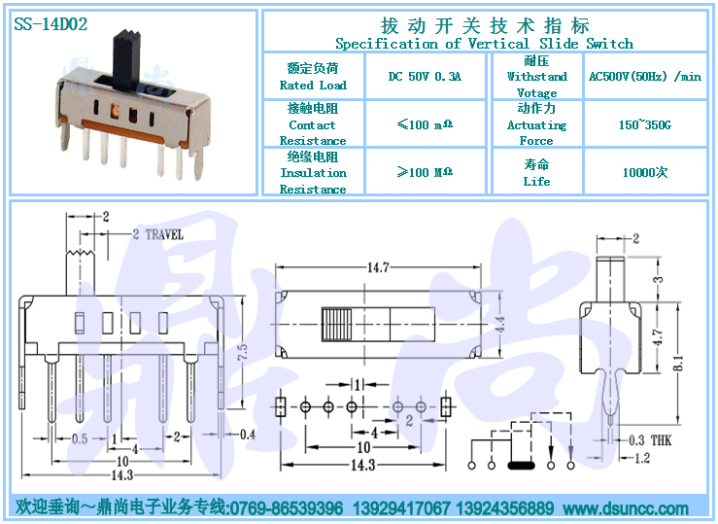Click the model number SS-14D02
pyautogui.click(x=51, y=23)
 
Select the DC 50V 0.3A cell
pyautogui.click(x=425, y=76)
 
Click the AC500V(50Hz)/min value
pyautogui.click(x=645, y=76)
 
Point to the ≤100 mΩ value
pyautogui.click(x=425, y=124)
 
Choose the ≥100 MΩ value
pyautogui.click(x=425, y=172)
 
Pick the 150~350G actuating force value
pyautogui.click(x=645, y=124)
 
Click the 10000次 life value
pyautogui.click(x=645, y=172)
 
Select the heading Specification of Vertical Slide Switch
pyautogui.click(x=484, y=44)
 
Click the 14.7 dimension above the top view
pyautogui.click(x=378, y=267)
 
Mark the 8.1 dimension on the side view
pyautogui.click(x=678, y=363)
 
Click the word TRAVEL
pyautogui.click(x=164, y=235)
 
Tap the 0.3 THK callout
pyautogui.click(x=650, y=440)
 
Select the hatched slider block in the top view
pyautogui.click(x=337, y=325)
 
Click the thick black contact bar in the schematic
pyautogui.click(x=521, y=466)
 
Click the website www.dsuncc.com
pyautogui.click(x=626, y=508)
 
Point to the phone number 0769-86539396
pyautogui.click(x=287, y=508)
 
